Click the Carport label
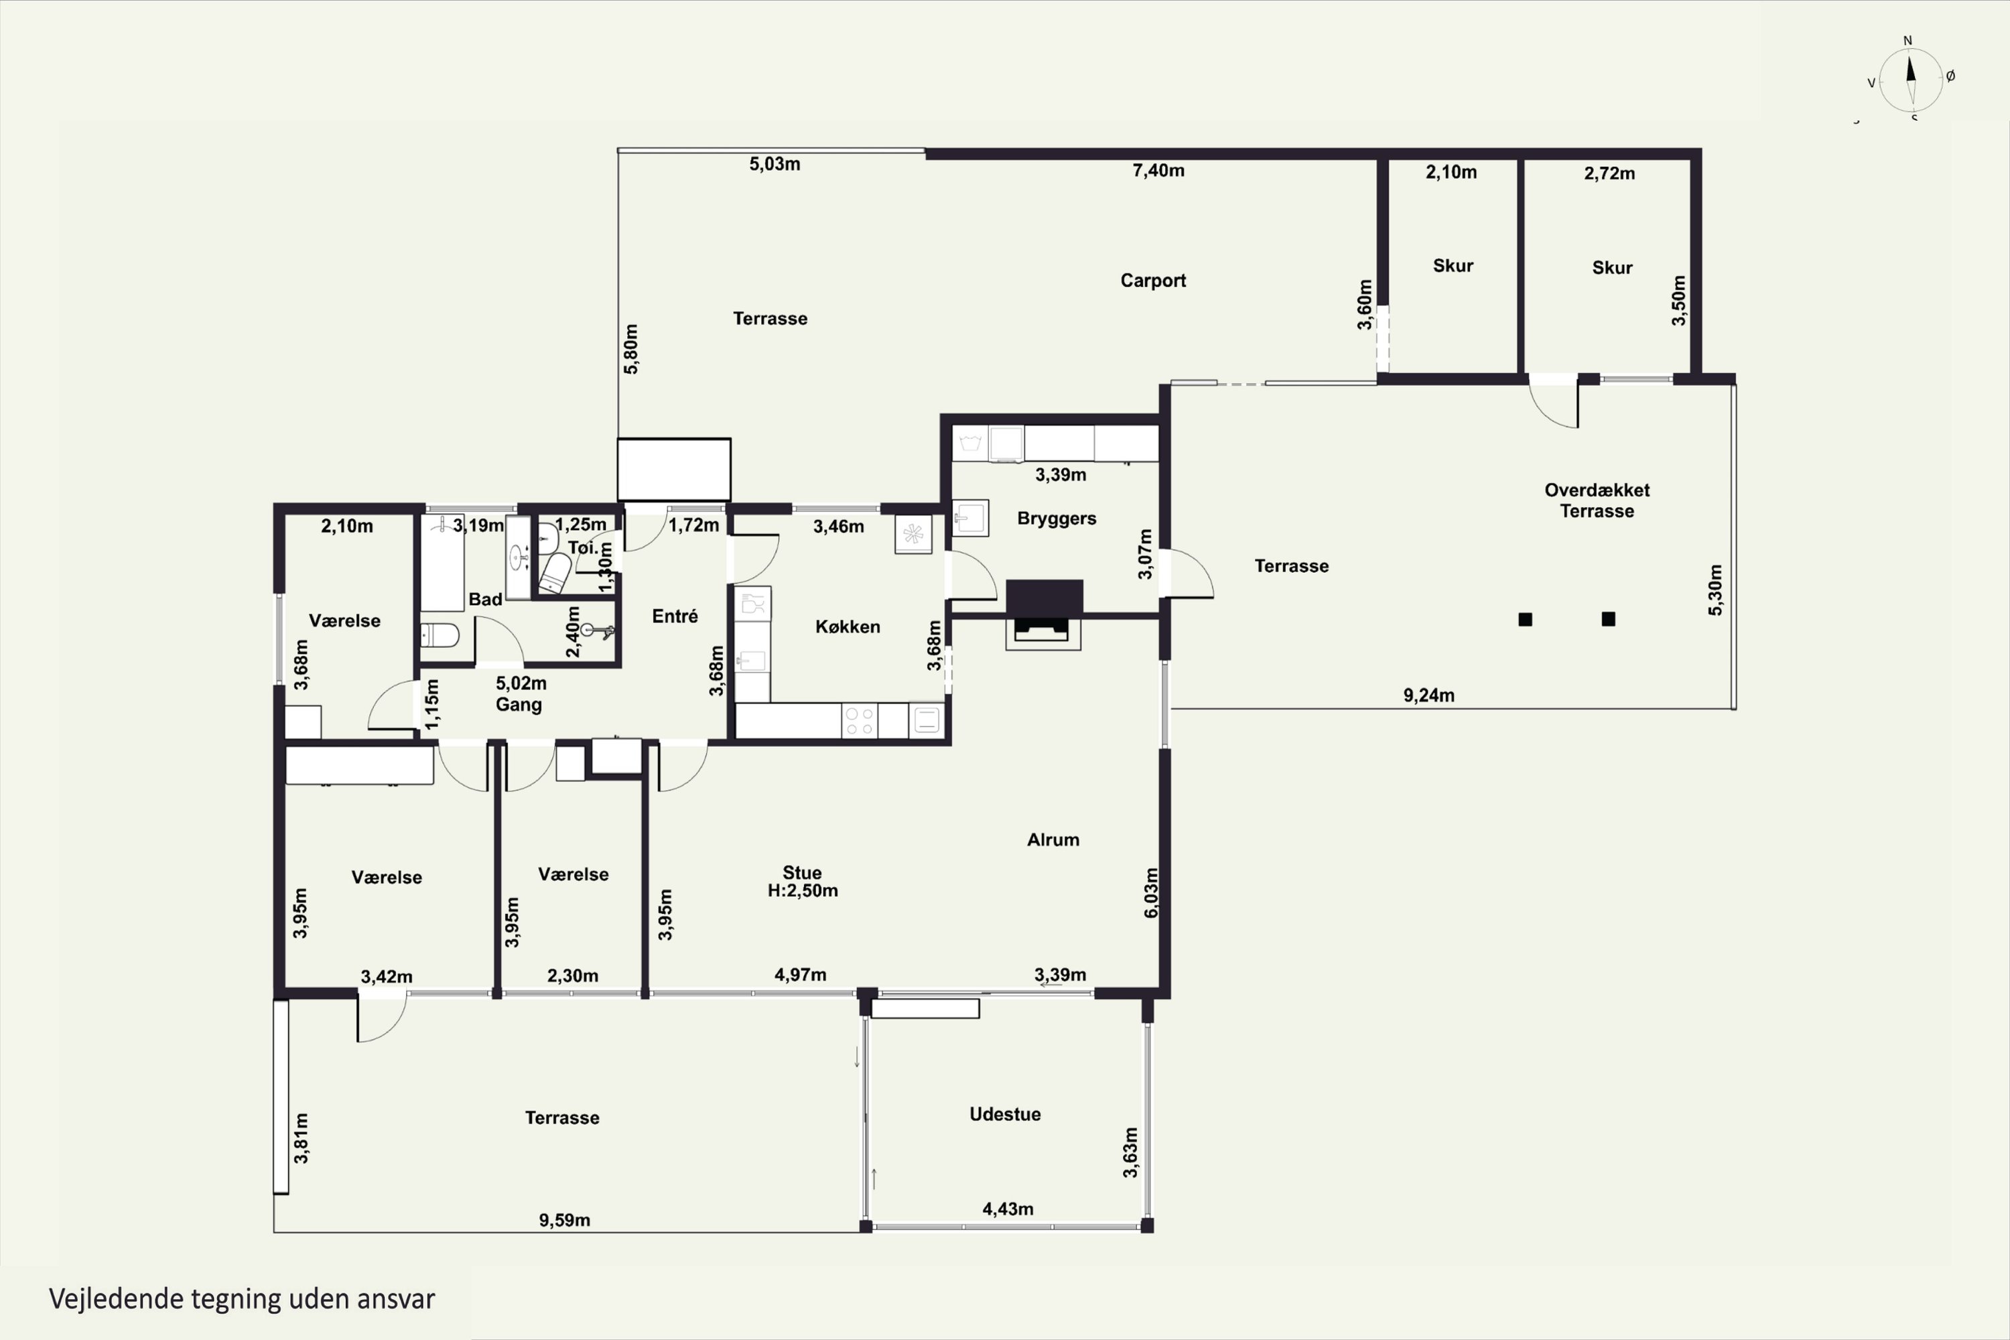point(1153,280)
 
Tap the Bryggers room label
point(1057,519)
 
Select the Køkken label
point(847,626)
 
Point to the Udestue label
point(1005,1114)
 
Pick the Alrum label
point(1053,840)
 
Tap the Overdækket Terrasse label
point(1597,500)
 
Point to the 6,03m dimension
point(1151,893)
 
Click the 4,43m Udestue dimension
point(1008,1209)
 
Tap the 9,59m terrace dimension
point(564,1219)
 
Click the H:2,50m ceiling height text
point(803,890)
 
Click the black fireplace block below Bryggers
point(1045,596)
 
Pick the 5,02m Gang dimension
point(521,683)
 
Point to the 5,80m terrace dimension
point(630,348)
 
